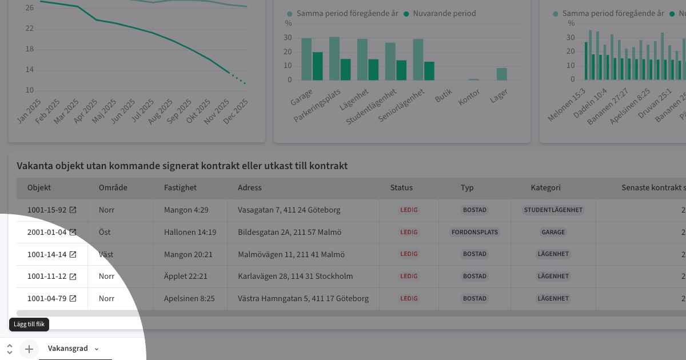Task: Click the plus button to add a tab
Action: pyautogui.click(x=29, y=349)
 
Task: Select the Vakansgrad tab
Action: pyautogui.click(x=67, y=349)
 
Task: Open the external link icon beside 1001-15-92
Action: pyautogui.click(x=73, y=210)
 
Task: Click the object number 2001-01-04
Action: pyautogui.click(x=47, y=233)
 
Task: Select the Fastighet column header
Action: pyautogui.click(x=180, y=187)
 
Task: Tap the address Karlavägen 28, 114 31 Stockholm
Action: pyautogui.click(x=295, y=277)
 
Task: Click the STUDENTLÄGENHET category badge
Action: pyautogui.click(x=553, y=210)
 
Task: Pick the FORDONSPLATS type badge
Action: pyautogui.click(x=474, y=233)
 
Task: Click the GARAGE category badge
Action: pyautogui.click(x=553, y=233)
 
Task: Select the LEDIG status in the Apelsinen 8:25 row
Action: pyautogui.click(x=409, y=299)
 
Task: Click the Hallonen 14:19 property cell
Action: pyautogui.click(x=190, y=233)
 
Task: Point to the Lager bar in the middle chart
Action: pyautogui.click(x=501, y=74)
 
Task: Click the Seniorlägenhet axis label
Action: pyautogui.click(x=402, y=106)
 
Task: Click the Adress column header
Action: pyautogui.click(x=249, y=187)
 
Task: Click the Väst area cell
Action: pyautogui.click(x=106, y=254)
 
